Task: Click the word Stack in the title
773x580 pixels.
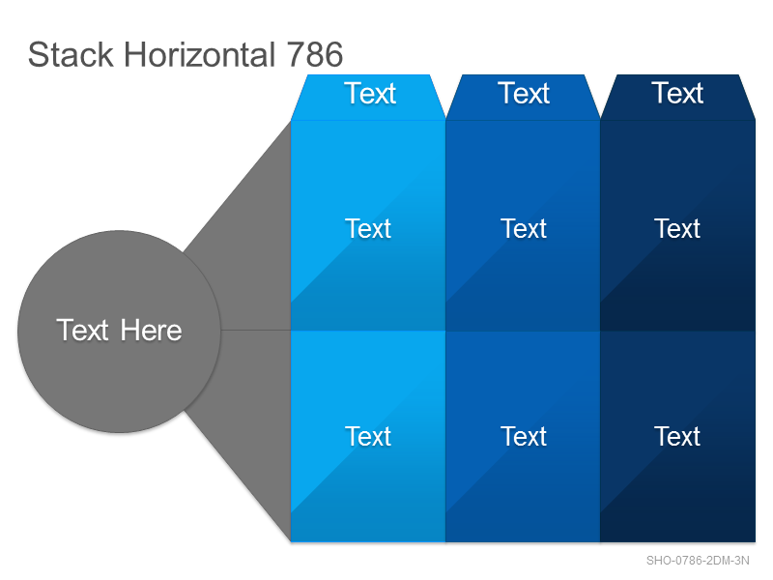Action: pos(71,54)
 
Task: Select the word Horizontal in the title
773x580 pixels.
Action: pos(199,54)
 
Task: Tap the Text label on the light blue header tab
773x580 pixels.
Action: pos(370,93)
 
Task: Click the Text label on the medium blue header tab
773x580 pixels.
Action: pos(524,93)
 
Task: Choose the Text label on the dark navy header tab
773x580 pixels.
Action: pos(677,93)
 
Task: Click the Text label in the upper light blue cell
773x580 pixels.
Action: pos(368,228)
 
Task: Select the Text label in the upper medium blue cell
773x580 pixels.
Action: pos(524,228)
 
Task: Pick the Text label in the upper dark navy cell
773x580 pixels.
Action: pos(677,228)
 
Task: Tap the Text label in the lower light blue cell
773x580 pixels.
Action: pos(368,437)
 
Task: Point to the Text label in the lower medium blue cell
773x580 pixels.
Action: pos(524,437)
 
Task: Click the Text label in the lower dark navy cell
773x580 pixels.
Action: pos(677,437)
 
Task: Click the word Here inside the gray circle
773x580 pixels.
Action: pos(152,330)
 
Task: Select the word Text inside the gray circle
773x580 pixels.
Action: pos(82,330)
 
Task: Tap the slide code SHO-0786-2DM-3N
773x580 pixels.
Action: pos(698,561)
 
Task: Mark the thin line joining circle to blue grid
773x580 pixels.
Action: pos(256,330)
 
